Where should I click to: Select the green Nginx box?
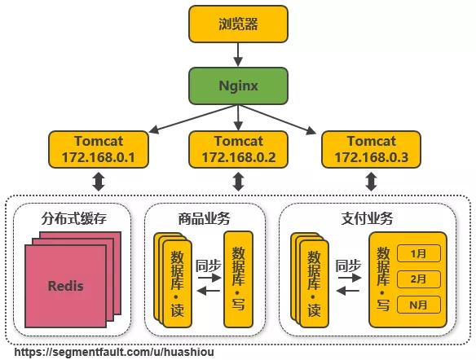239,84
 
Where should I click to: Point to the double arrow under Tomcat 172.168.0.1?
99,181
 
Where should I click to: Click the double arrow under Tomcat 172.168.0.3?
372,181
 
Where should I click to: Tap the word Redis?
66,286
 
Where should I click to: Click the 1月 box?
418,253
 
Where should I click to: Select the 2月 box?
418,279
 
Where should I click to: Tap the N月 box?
418,305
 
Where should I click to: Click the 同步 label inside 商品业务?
209,265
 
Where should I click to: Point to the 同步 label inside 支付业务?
348,265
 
